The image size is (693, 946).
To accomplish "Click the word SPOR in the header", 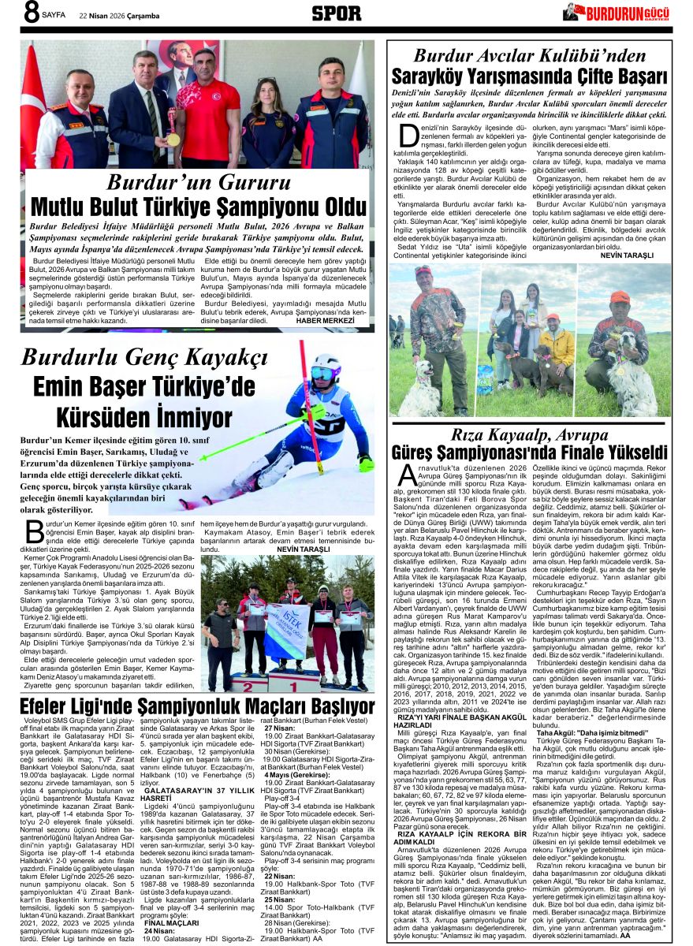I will point(337,13).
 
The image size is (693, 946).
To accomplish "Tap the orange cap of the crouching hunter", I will point(620,299).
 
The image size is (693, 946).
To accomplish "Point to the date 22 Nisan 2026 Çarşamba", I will point(118,14).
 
